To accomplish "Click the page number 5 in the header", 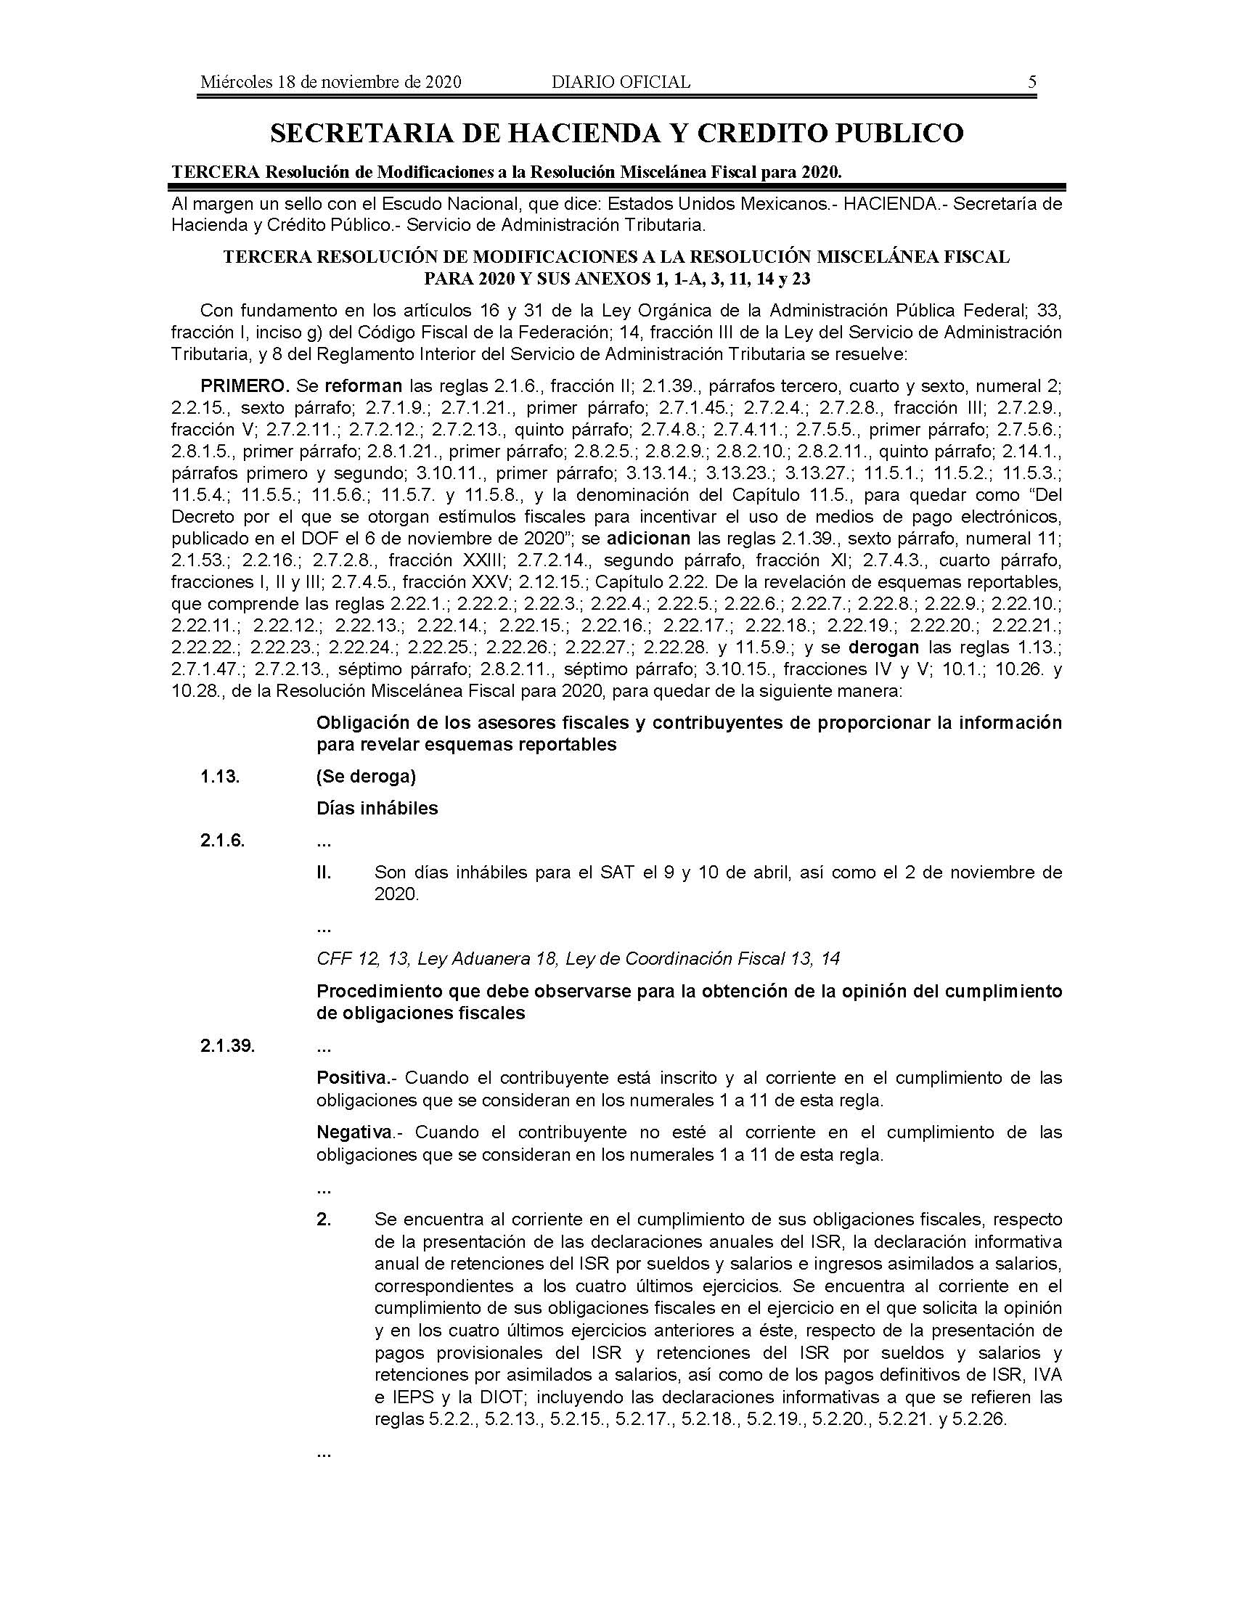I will coord(1031,82).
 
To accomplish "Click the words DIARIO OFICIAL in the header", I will coord(621,82).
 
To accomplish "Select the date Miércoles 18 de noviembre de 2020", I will coord(330,82).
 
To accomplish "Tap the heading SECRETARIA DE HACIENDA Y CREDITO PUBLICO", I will coord(616,133).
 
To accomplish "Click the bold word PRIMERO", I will coord(245,386).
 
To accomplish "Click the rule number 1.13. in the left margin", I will coord(220,777).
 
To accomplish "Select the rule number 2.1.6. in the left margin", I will coord(222,841).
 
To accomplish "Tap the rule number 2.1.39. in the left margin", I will coord(227,1046).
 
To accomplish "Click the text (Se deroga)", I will coord(366,777).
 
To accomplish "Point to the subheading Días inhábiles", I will coord(377,809).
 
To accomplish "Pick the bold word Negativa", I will coord(354,1132).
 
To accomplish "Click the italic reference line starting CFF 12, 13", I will coord(578,959).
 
